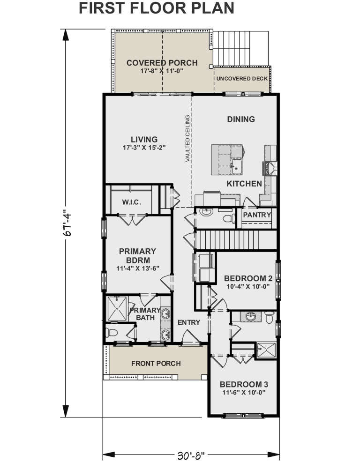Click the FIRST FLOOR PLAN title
[x=157, y=8]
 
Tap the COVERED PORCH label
[x=162, y=63]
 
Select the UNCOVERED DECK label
[x=242, y=78]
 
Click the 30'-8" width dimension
[x=191, y=454]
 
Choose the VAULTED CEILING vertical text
[x=187, y=139]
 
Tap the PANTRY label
[x=257, y=215]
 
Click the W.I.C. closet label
[x=132, y=202]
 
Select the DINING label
[x=241, y=119]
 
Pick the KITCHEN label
[x=244, y=184]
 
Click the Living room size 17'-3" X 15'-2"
[x=144, y=147]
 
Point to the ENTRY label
[x=189, y=322]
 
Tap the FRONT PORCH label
[x=156, y=363]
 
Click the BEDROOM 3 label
[x=244, y=384]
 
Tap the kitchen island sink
[x=236, y=165]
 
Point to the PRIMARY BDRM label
[x=137, y=255]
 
